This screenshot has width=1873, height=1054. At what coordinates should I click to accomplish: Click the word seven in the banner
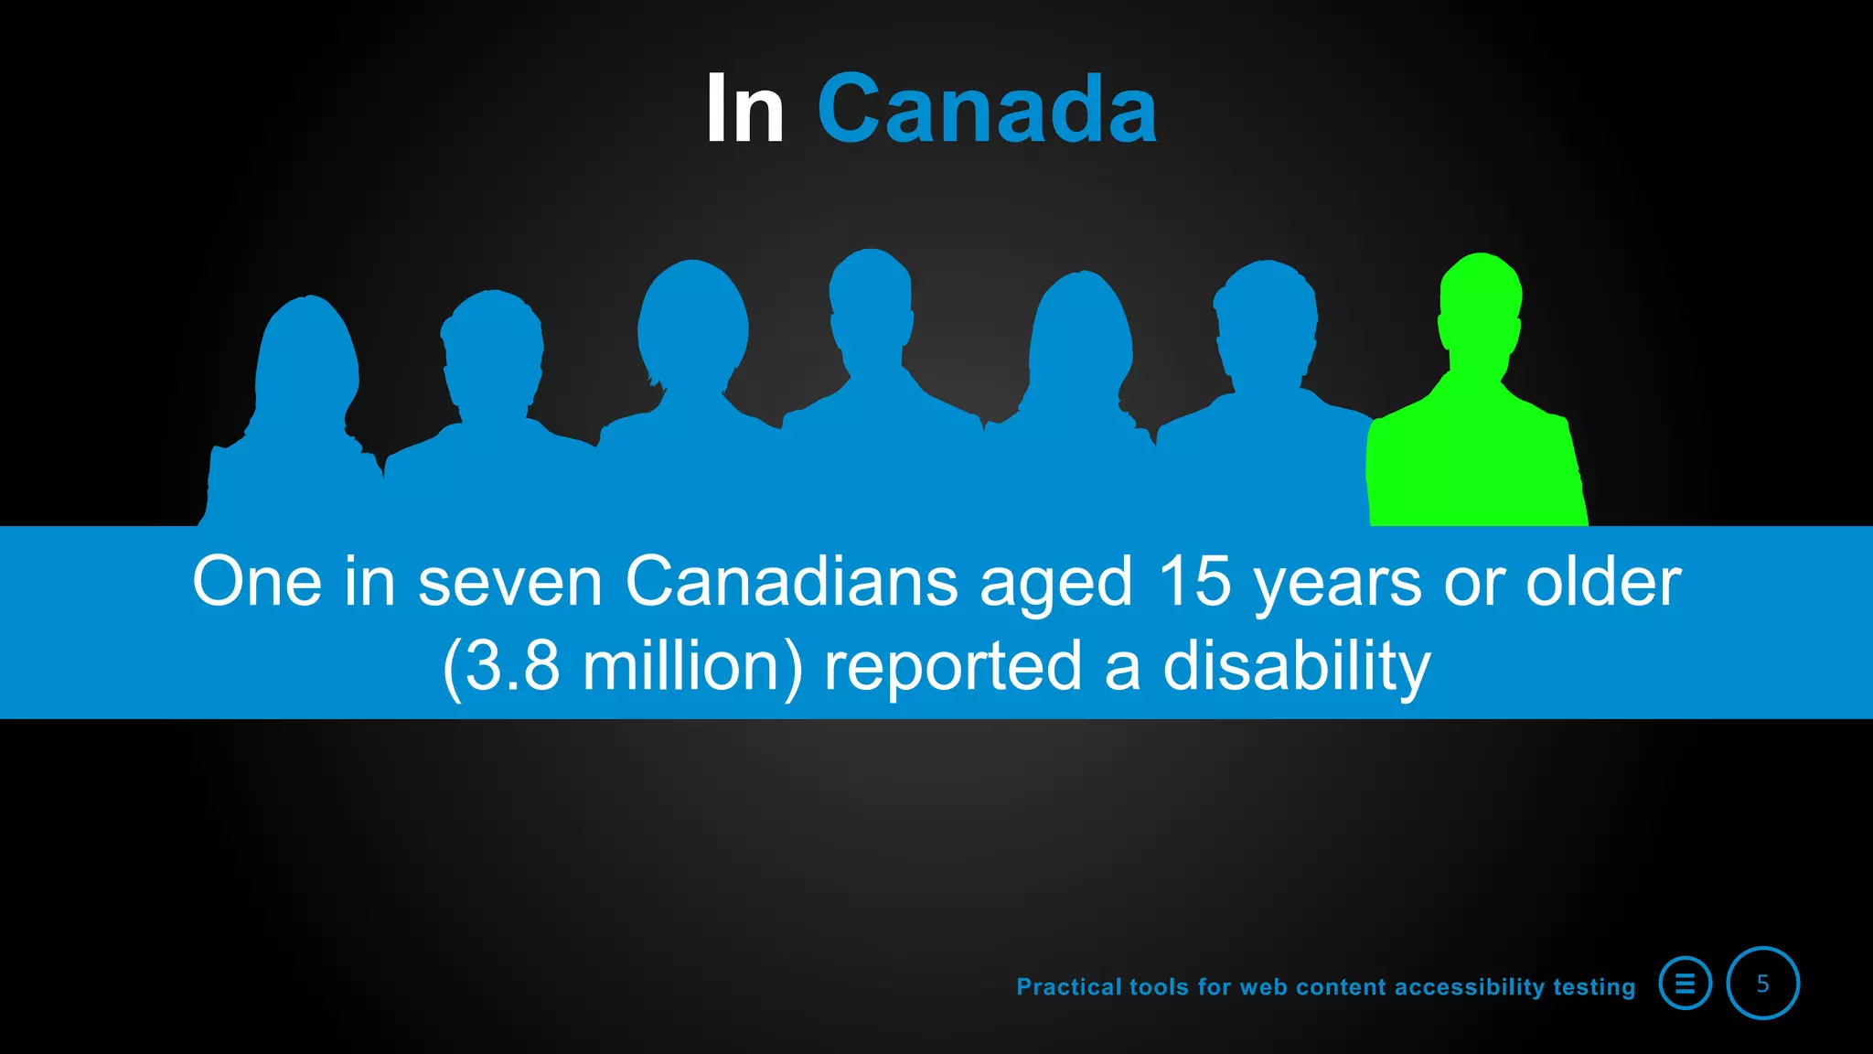509,583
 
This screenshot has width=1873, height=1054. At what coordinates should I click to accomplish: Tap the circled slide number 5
1762,984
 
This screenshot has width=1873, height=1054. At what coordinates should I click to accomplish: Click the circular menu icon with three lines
1685,984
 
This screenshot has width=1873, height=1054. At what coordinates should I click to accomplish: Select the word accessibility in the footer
1469,987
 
